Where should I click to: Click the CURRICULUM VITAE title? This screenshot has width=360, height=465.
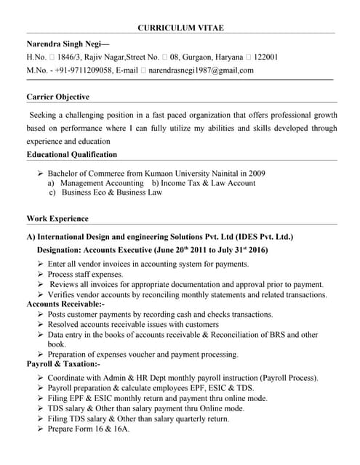click(x=180, y=28)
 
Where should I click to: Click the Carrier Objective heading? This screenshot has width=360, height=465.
click(x=58, y=97)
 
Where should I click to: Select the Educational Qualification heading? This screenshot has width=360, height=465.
click(x=71, y=154)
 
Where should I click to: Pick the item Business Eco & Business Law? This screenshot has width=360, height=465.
click(x=111, y=193)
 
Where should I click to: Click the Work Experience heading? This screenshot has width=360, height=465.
click(x=57, y=219)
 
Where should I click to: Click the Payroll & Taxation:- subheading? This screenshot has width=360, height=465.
click(x=63, y=363)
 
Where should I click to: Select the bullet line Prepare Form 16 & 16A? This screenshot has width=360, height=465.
click(x=88, y=429)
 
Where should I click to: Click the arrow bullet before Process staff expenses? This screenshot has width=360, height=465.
click(x=40, y=275)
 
